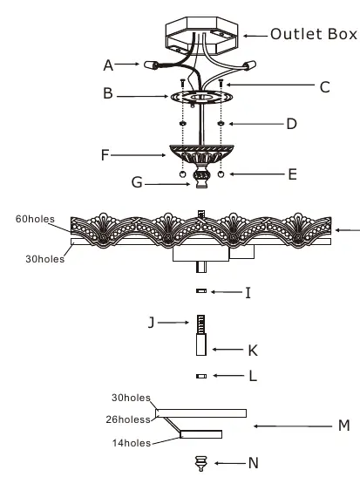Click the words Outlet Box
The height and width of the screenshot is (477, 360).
314,34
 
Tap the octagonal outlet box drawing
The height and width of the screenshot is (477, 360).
201,36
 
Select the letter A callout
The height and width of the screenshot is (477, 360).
108,65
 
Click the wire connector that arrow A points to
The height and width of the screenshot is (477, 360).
151,65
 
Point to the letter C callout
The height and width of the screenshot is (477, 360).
325,87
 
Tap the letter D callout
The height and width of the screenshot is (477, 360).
292,124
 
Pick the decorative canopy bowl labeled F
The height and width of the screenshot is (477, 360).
201,154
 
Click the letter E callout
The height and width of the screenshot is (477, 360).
292,174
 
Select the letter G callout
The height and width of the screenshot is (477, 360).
137,182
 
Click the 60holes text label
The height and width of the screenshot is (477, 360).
35,219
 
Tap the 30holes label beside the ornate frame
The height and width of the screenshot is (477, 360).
45,259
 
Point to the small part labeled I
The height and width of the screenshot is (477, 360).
201,291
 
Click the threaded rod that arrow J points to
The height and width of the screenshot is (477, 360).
201,324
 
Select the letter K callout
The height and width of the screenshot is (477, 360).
253,351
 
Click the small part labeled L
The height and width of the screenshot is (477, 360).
201,377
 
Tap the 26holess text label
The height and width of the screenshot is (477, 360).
128,419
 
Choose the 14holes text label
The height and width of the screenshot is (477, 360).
132,443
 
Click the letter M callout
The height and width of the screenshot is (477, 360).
344,426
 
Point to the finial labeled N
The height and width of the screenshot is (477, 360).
201,463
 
